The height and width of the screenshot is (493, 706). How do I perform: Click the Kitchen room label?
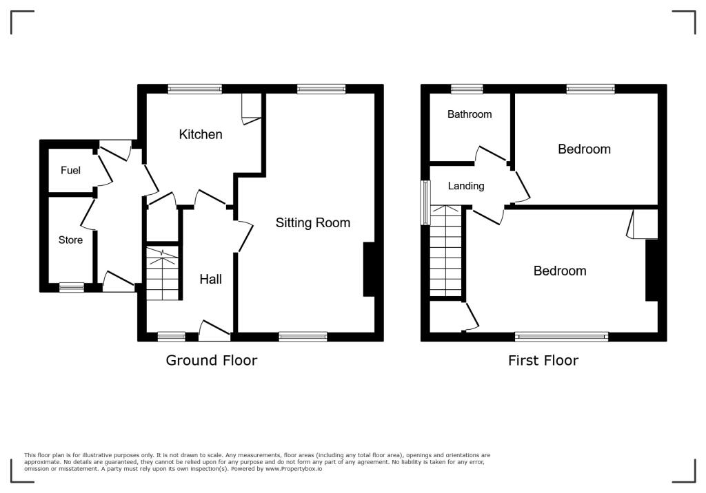201,134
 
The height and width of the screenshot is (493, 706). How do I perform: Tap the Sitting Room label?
313,222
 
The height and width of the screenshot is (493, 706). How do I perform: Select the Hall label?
211,279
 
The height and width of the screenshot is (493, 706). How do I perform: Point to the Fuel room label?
70,170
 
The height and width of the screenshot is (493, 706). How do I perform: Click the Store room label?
70,240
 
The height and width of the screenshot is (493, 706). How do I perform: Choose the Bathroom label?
470,114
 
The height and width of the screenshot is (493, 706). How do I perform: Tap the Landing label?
466,185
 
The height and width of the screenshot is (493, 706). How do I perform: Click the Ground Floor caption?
211,360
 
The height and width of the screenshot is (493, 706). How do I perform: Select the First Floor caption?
543,360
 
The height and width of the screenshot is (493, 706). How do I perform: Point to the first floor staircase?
445,251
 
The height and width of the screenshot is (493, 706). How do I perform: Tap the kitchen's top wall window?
195,89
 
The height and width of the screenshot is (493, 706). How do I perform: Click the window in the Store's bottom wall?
71,288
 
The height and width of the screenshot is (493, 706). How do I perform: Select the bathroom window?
467,89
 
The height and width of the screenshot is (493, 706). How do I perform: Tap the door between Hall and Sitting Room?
243,236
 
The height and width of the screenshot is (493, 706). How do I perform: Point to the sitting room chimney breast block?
369,269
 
